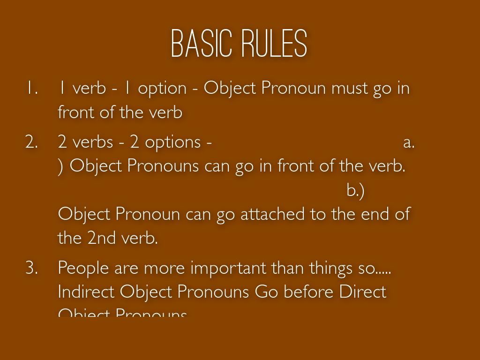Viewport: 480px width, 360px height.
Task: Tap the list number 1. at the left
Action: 31,88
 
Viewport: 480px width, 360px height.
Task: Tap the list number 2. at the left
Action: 31,142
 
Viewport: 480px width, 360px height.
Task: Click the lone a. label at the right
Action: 409,142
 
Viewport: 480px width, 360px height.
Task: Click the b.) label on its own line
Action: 355,190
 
